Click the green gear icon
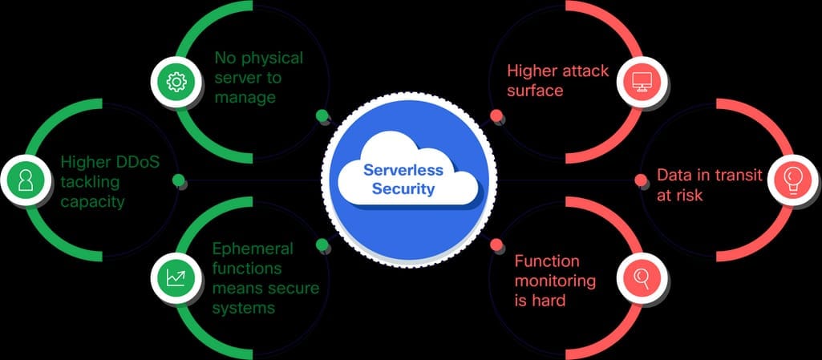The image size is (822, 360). click(x=176, y=81)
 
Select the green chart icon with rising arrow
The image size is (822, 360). click(x=176, y=277)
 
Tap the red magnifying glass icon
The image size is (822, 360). click(x=642, y=277)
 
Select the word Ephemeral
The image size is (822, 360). click(x=253, y=249)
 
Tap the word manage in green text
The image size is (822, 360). click(x=245, y=98)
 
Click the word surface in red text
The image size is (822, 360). click(x=535, y=90)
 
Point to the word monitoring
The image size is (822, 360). click(x=555, y=281)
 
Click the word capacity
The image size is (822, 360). click(x=92, y=201)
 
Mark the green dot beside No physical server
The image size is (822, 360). click(x=322, y=115)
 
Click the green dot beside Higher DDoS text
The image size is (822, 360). click(x=179, y=180)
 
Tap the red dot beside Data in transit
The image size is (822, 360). click(x=641, y=180)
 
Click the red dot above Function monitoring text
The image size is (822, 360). click(x=496, y=244)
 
